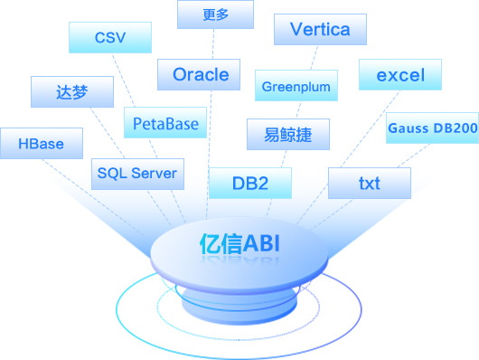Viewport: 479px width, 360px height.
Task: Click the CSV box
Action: point(110,37)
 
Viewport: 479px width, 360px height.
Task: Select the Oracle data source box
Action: point(199,75)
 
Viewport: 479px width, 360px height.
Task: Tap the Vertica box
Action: point(320,29)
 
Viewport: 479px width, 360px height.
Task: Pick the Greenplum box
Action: point(296,85)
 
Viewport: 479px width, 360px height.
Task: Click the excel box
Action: point(400,75)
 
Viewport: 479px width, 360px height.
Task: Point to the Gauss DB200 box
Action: point(433,128)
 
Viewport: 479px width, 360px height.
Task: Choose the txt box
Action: point(370,184)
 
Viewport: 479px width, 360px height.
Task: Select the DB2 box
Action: point(250,184)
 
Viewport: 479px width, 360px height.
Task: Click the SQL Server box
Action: point(137,174)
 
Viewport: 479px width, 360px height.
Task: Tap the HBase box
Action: point(42,144)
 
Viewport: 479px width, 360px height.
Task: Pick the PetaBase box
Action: point(165,122)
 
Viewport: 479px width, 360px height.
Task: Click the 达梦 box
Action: point(72,91)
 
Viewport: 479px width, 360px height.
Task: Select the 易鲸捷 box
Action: point(288,134)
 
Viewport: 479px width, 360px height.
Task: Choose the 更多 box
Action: point(215,14)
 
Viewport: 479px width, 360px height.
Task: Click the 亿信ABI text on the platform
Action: point(239,244)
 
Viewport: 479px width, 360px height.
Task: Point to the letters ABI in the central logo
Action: point(261,244)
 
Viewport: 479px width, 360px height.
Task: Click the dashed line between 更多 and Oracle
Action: point(213,44)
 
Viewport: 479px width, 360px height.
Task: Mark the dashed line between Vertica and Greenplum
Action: point(314,58)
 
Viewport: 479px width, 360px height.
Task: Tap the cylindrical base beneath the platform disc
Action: point(239,304)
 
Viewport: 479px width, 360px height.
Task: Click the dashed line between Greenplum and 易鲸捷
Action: point(298,109)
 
